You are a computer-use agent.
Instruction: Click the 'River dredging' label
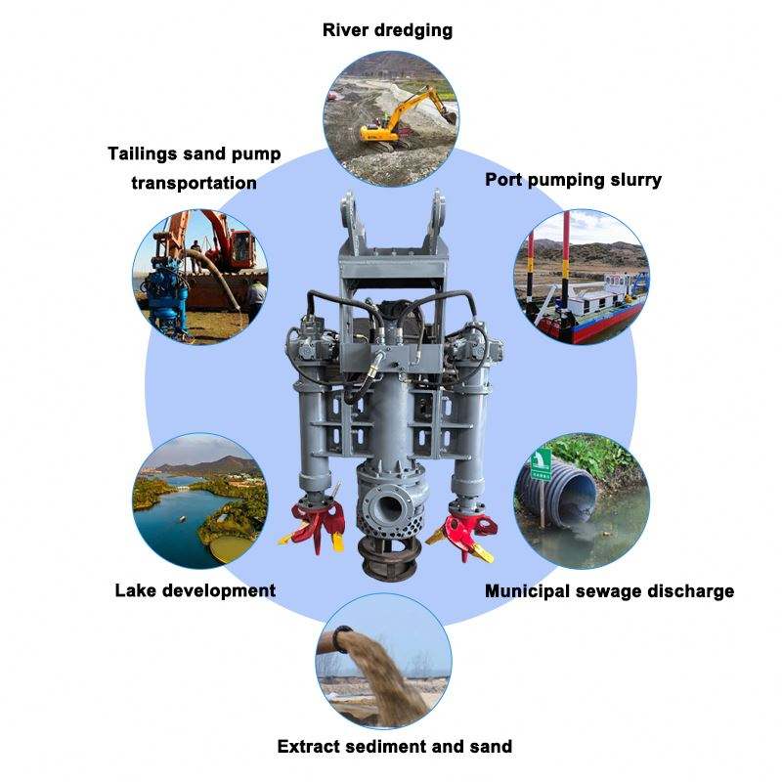(388, 30)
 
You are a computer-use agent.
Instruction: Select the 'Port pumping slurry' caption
(574, 180)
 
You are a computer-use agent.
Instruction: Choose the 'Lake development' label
(195, 590)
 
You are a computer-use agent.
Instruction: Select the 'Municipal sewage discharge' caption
(610, 590)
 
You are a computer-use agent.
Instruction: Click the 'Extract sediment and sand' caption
(394, 747)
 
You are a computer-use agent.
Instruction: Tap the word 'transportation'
(195, 183)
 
